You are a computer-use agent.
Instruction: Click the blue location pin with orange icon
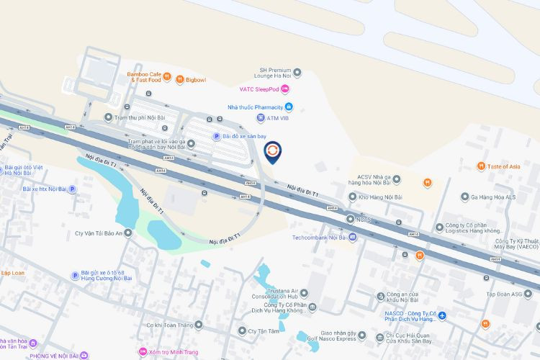click(x=274, y=151)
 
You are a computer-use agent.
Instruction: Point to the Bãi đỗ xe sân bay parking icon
click(x=215, y=136)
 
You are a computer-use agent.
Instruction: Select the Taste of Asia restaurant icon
click(x=481, y=166)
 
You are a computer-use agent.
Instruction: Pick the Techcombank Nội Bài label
click(x=319, y=237)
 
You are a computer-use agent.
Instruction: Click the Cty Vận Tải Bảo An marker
click(x=127, y=233)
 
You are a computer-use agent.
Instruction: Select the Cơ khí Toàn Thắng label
click(x=172, y=325)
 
